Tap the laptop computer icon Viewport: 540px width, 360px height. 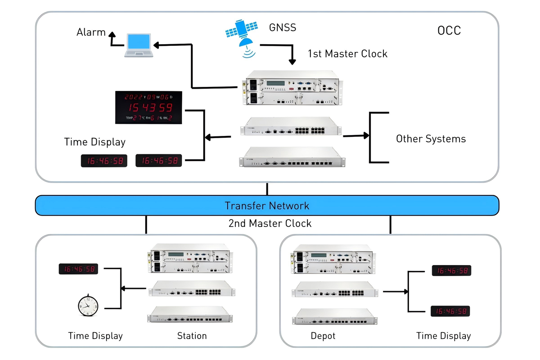coord(139,45)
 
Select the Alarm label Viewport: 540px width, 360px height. coord(91,32)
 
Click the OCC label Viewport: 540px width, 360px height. coord(449,31)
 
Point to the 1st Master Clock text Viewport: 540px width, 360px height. coord(347,54)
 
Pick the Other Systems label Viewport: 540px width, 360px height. coord(431,139)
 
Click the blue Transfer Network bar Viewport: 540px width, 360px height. coord(267,206)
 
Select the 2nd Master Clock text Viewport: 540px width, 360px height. coord(270,223)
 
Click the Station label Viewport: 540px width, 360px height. coord(192,336)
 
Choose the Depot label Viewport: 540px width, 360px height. coord(323,336)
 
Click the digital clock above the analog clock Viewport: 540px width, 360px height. coord(78,269)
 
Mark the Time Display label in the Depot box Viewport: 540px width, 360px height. coord(443,336)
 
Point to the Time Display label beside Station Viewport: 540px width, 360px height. coord(95,336)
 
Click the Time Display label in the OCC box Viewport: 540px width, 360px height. coord(94,142)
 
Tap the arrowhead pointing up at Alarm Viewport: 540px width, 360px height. coord(112,35)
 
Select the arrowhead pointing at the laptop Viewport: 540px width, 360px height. coord(156,45)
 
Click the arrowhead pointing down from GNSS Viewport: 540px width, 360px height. coord(292,62)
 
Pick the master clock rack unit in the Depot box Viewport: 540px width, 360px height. coord(334,260)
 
